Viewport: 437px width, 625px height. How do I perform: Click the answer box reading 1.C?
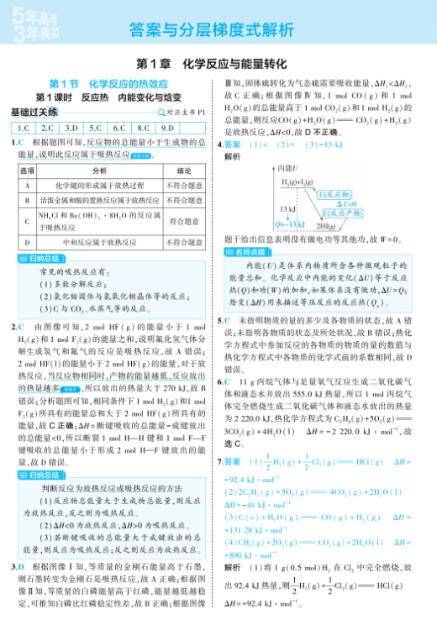click(x=23, y=129)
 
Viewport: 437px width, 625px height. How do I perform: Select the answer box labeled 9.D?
click(x=166, y=129)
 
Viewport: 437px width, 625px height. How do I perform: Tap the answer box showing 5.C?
click(x=95, y=129)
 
